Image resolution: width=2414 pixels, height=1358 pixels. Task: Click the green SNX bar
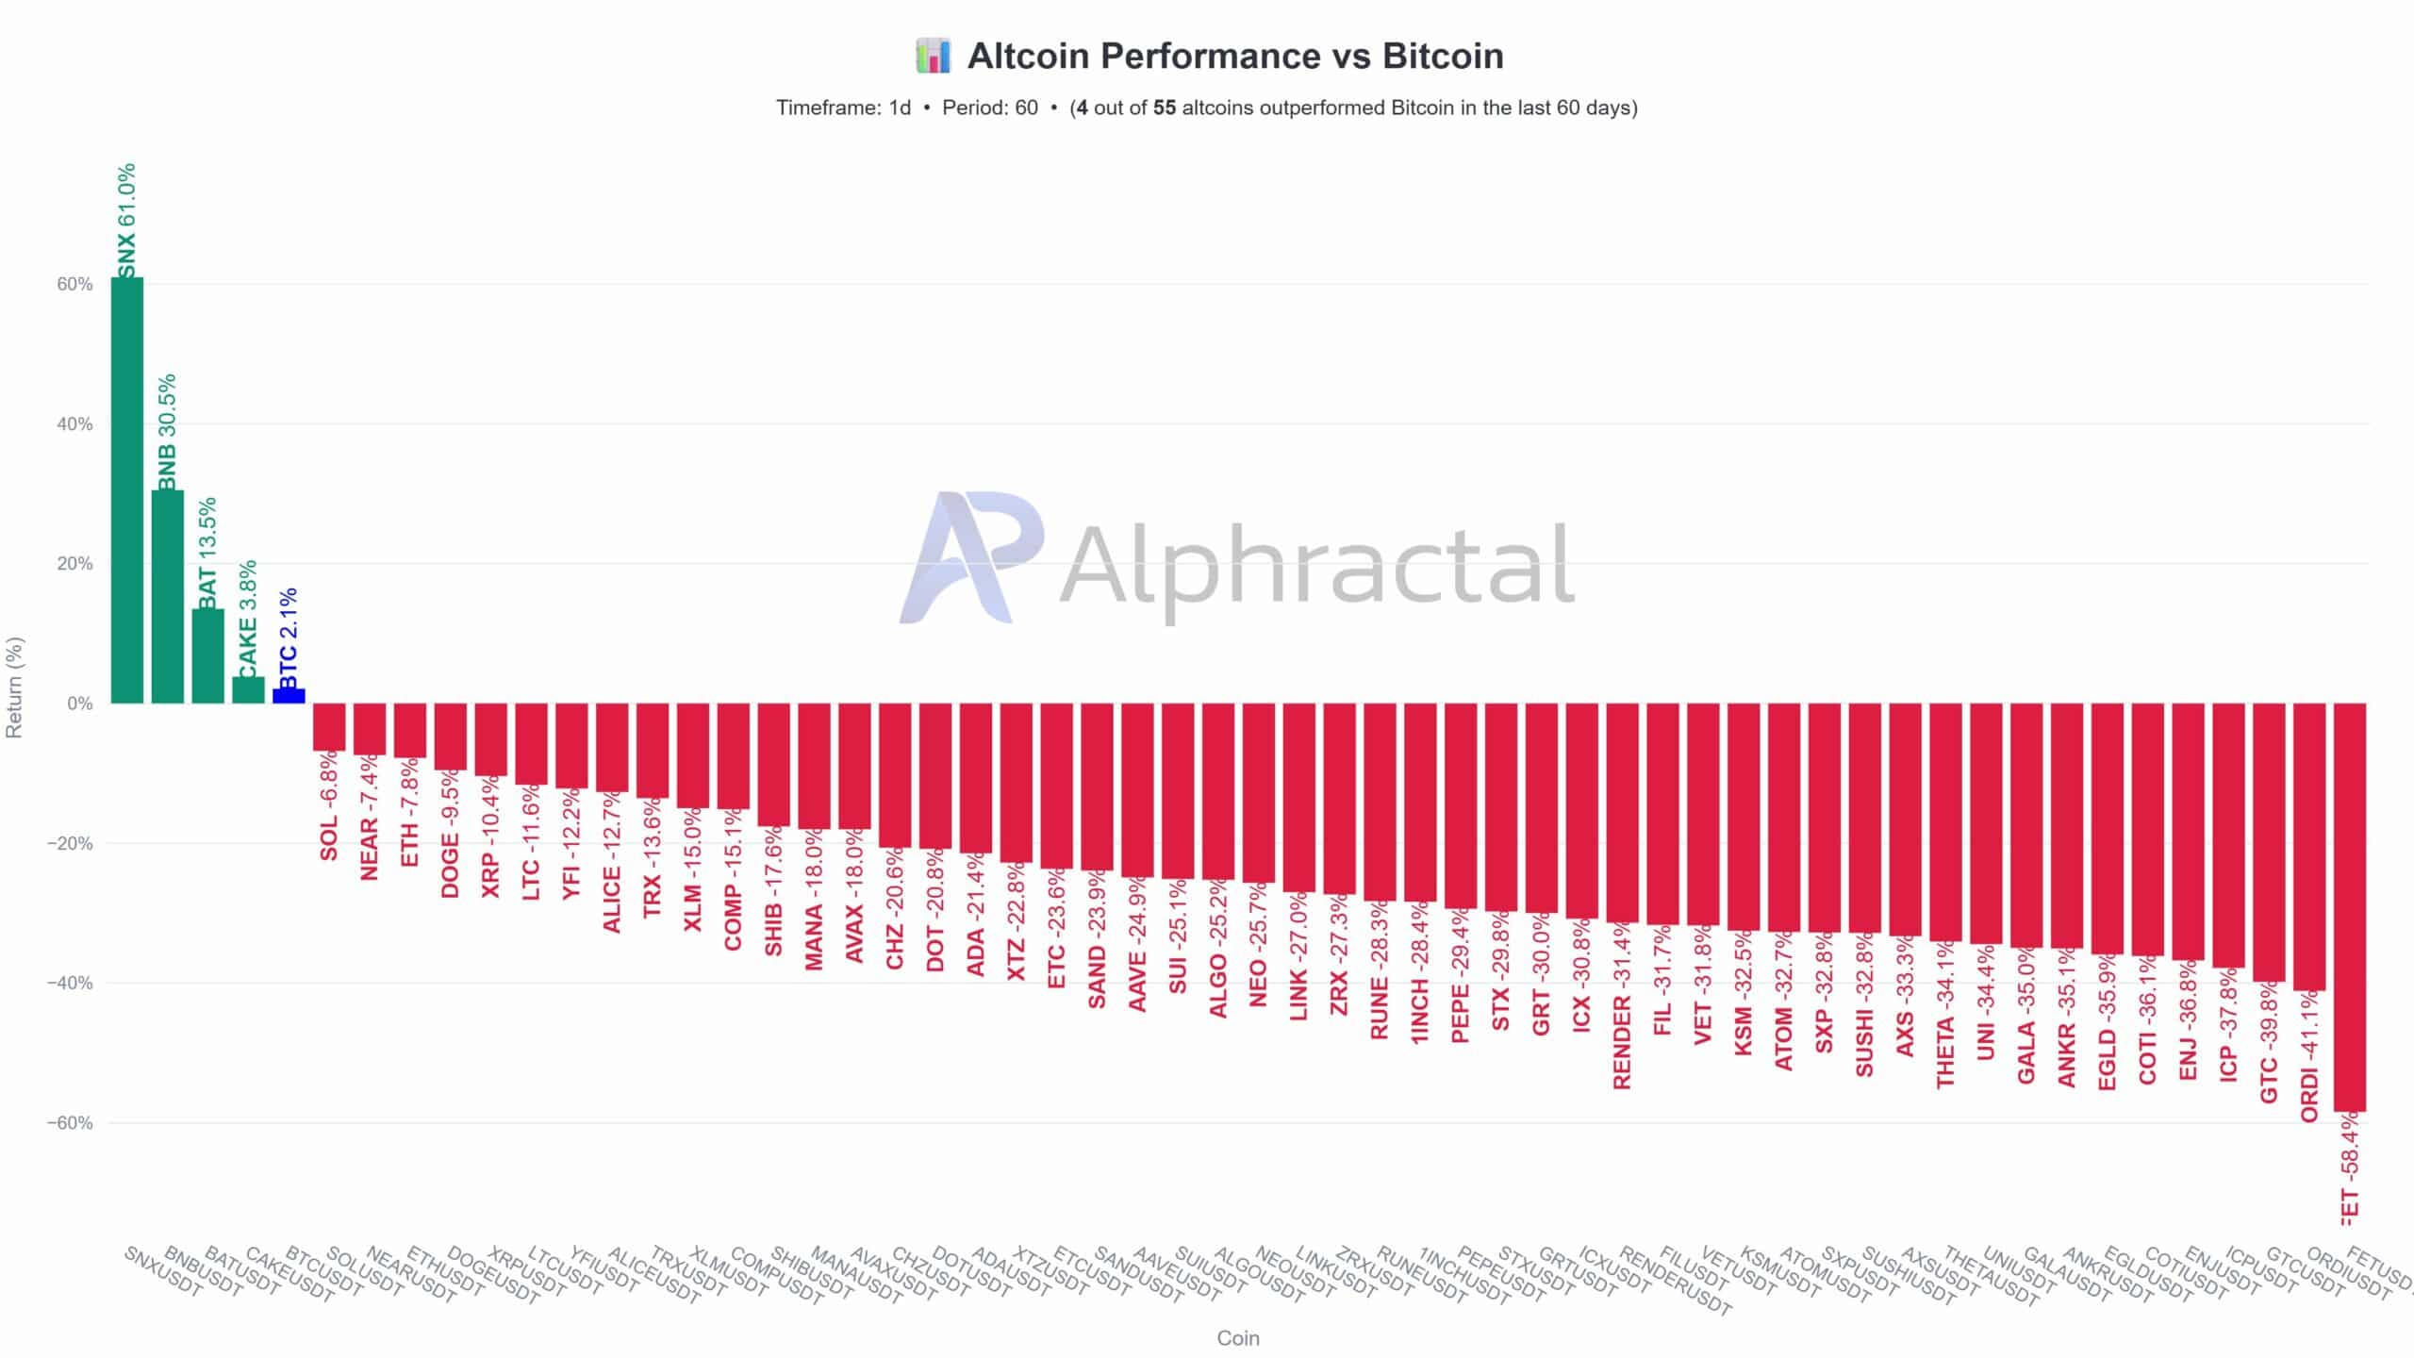pos(127,490)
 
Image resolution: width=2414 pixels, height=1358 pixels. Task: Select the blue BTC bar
pos(289,696)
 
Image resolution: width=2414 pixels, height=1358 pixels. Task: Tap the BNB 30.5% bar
pos(168,596)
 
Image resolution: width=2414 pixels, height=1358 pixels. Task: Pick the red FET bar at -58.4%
pos(2349,905)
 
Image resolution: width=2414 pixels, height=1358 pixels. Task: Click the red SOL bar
pos(329,727)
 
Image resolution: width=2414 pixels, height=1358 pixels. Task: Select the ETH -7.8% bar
pos(410,730)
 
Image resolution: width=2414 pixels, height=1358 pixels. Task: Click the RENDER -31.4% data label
pos(1622,1007)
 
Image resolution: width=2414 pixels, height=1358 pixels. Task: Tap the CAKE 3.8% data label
pos(247,619)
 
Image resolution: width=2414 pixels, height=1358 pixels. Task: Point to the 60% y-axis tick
pos(74,284)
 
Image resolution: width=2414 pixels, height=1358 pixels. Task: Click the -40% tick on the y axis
pos(70,983)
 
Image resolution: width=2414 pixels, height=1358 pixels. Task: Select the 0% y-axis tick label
pos(79,704)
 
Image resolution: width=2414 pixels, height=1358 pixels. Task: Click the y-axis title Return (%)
pos(14,687)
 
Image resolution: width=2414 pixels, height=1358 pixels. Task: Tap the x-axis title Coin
pos(1237,1338)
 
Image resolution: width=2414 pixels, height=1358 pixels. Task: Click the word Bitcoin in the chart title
pos(1443,56)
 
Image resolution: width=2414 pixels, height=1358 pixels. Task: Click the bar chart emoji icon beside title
pos(933,56)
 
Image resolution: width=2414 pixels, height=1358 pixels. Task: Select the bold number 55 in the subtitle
pos(1164,108)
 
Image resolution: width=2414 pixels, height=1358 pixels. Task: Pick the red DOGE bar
pos(450,736)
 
